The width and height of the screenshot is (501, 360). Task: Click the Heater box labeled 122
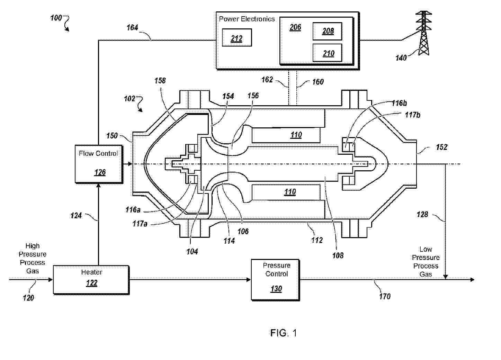coord(91,280)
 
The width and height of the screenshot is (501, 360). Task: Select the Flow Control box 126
coord(99,164)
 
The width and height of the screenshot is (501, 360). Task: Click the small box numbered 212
coord(237,38)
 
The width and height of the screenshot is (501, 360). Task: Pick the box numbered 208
coord(328,31)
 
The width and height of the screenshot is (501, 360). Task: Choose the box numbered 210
coord(328,53)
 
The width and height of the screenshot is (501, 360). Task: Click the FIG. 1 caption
coord(284,333)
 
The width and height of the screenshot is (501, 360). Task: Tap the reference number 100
coord(56,18)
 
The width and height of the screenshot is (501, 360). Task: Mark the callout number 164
coord(132,27)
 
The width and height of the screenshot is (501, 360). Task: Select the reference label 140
coord(401,58)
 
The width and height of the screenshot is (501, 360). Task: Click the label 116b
coord(399,103)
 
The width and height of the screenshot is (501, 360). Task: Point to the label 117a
coord(140,224)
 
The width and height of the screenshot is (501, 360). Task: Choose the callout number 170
coord(385,296)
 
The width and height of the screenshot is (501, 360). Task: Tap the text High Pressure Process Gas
coord(33,258)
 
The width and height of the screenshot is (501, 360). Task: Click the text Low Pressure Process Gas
coord(426,262)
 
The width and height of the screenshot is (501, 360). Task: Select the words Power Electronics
coord(247,19)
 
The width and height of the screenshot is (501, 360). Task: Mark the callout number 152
coord(441,147)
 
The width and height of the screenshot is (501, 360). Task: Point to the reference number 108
coord(338,255)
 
